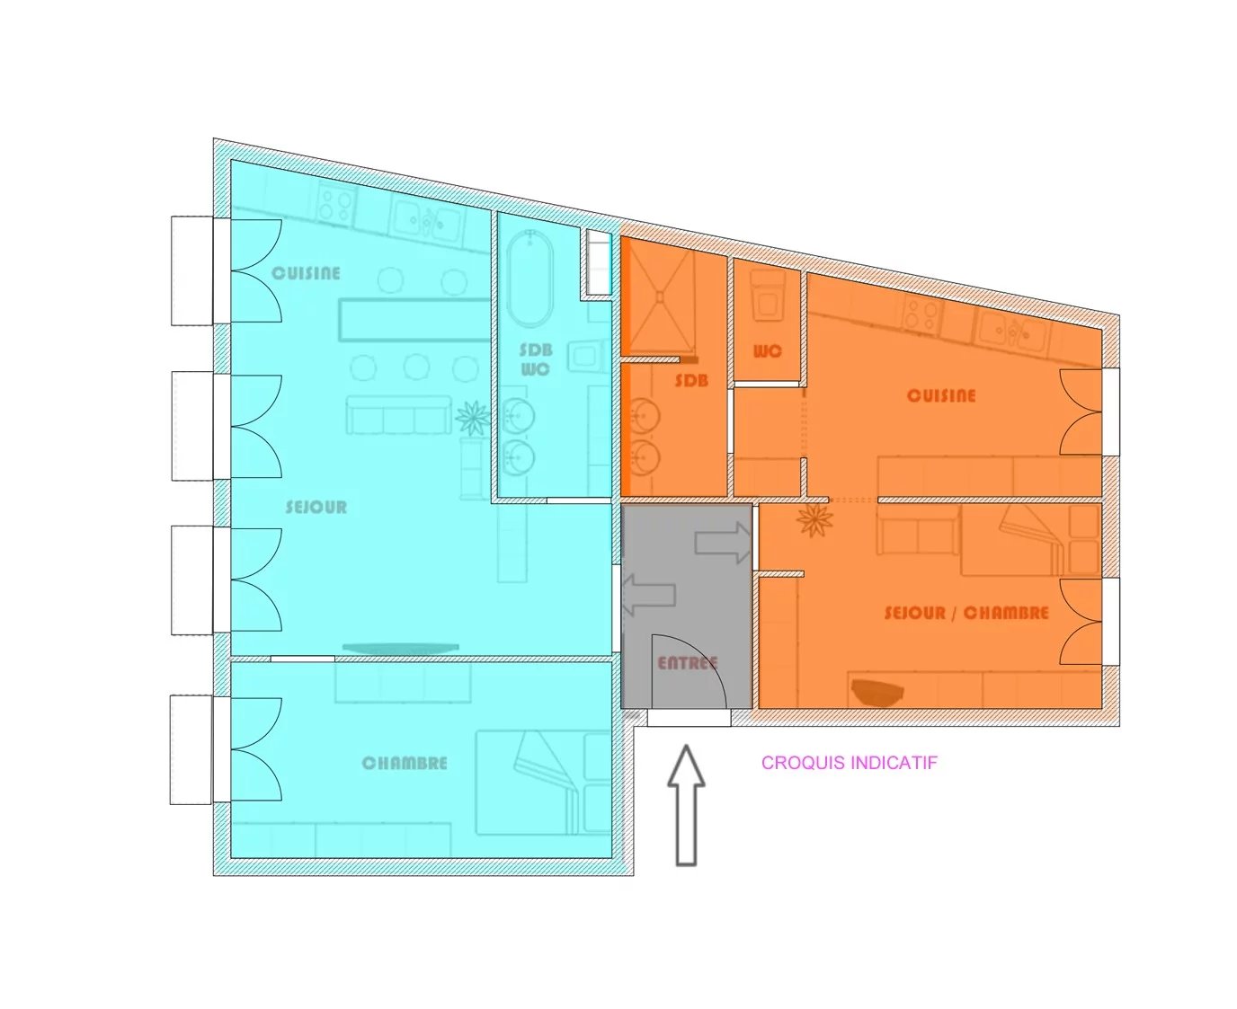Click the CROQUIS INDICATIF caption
[x=849, y=763]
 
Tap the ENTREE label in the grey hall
[x=687, y=663]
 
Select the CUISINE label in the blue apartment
[x=306, y=273]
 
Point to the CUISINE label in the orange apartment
[x=941, y=395]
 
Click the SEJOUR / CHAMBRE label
[x=966, y=614]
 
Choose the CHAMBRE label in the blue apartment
[x=405, y=763]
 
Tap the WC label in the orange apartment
[x=767, y=351]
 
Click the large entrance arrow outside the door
[x=686, y=805]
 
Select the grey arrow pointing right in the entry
[x=723, y=543]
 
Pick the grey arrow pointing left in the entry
[x=648, y=595]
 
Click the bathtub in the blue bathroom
[x=530, y=278]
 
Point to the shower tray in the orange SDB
[x=658, y=297]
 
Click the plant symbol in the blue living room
[x=473, y=419]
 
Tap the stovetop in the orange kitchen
[x=921, y=314]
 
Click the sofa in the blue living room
[x=395, y=415]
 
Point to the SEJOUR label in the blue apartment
[x=316, y=507]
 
